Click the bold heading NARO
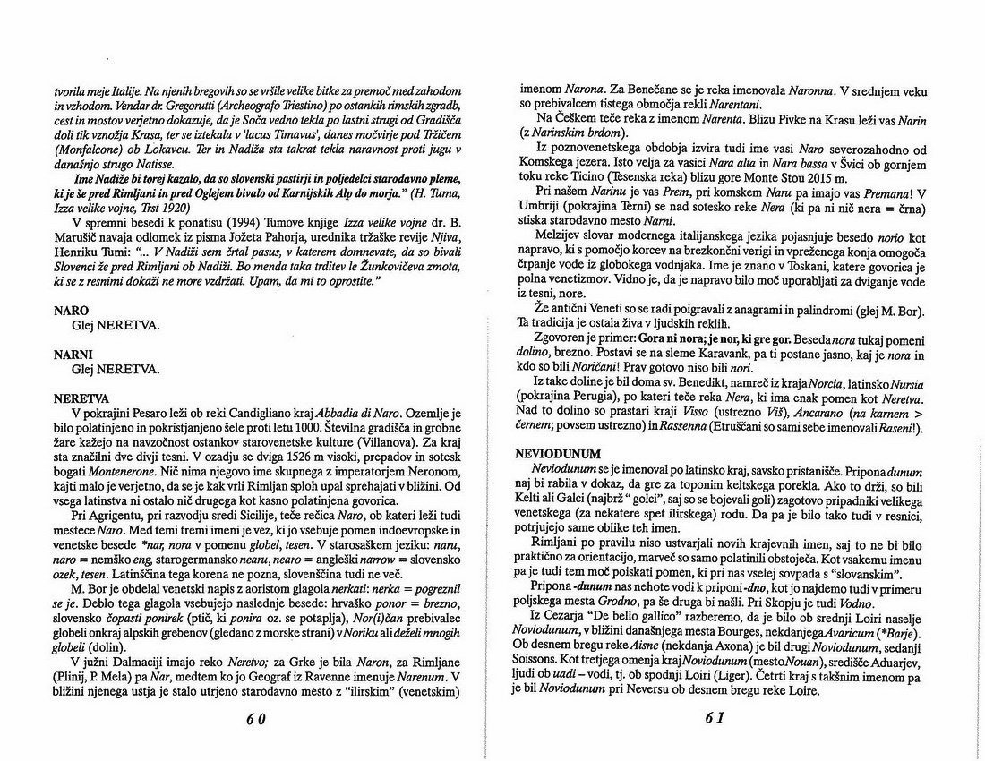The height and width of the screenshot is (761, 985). point(72,311)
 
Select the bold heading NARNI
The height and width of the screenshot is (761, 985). point(73,355)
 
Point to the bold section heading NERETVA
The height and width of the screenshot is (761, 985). point(81,398)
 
